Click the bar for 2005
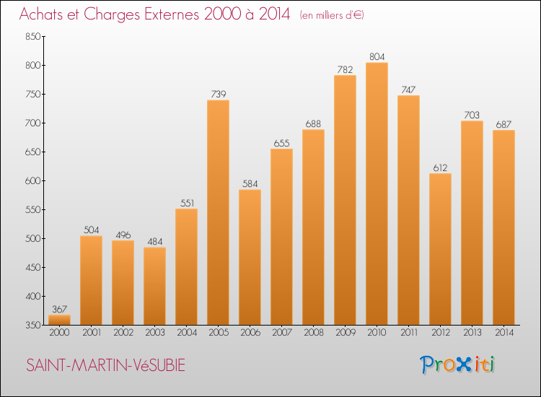coord(218,212)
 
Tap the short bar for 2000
coord(59,319)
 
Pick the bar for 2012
coord(440,249)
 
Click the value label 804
coord(377,56)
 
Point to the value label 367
coord(59,308)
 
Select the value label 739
coord(218,94)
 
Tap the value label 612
coord(440,167)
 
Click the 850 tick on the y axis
coord(30,37)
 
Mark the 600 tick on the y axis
coord(30,181)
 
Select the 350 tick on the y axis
coord(30,326)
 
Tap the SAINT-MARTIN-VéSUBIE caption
coord(105,366)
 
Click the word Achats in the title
coord(45,14)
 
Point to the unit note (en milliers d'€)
coord(333,15)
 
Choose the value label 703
coord(472,115)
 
